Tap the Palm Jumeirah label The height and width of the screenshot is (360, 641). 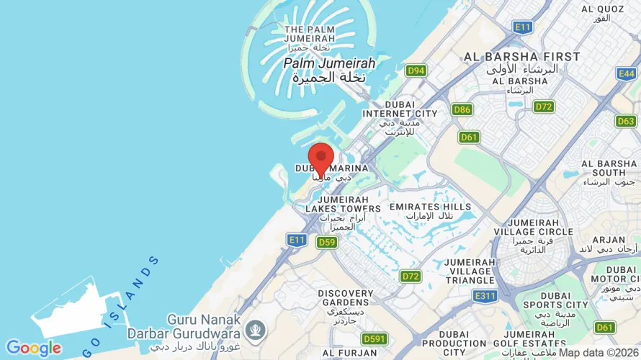pyautogui.click(x=329, y=63)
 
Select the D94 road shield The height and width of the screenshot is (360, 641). pyautogui.click(x=416, y=71)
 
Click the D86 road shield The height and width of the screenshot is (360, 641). pyautogui.click(x=462, y=109)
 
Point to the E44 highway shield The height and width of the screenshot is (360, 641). pyautogui.click(x=627, y=73)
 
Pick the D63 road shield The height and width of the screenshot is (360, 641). pyautogui.click(x=626, y=121)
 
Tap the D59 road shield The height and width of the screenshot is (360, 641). pyautogui.click(x=326, y=242)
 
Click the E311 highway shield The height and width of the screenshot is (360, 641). pyautogui.click(x=485, y=295)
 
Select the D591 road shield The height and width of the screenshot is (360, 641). pyautogui.click(x=375, y=338)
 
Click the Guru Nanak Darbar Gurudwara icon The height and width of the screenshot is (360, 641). pyautogui.click(x=254, y=330)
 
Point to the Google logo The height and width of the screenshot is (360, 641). pyautogui.click(x=33, y=348)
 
